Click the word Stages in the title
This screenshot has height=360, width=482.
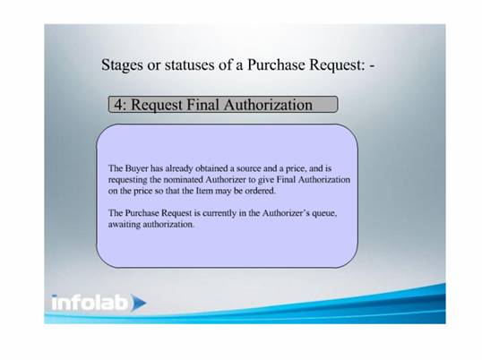(122, 65)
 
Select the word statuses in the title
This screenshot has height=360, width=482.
(189, 64)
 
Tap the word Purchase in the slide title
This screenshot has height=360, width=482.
(276, 64)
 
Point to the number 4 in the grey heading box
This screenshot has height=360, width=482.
(118, 105)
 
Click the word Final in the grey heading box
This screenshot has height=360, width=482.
(203, 105)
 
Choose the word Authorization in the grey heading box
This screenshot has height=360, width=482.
(268, 105)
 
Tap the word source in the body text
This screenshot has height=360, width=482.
(249, 168)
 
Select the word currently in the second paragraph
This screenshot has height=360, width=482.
(219, 213)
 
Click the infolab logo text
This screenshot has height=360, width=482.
(90, 303)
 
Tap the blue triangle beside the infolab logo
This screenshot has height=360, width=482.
(138, 303)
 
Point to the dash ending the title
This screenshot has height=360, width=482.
(372, 66)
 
